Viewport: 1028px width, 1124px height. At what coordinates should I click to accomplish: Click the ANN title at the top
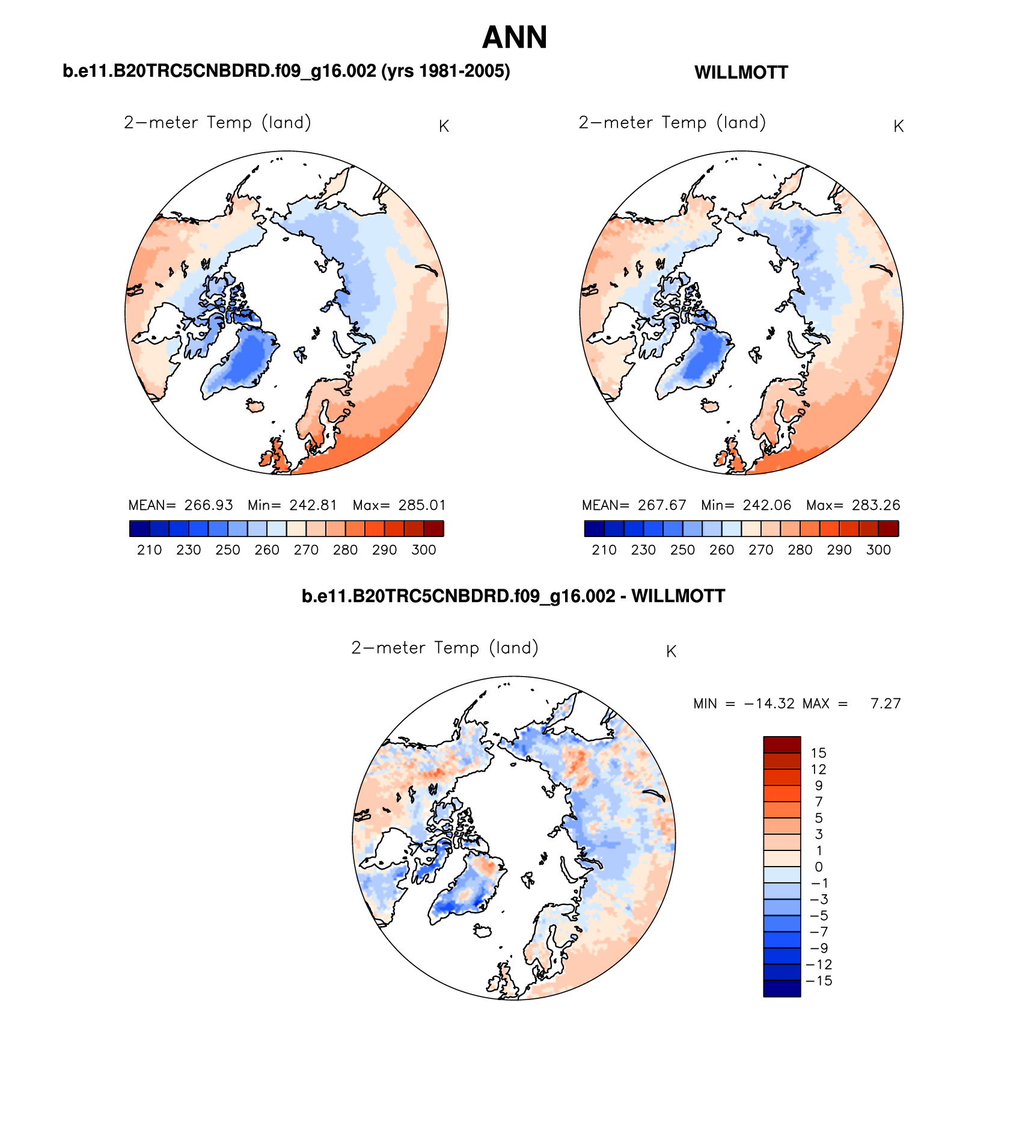[514, 37]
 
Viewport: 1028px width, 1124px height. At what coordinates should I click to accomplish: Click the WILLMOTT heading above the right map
[741, 73]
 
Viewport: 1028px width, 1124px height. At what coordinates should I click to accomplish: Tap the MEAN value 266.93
[208, 505]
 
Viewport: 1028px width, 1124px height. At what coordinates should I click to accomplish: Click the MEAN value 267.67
[661, 505]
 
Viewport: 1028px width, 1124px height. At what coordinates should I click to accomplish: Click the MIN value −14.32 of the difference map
[769, 704]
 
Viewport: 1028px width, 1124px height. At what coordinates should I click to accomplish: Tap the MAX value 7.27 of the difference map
[885, 704]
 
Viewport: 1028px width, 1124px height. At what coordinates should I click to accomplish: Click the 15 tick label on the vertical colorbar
[818, 753]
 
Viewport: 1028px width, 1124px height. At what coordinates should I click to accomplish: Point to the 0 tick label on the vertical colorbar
[818, 867]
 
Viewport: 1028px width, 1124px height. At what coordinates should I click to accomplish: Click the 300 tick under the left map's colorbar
[423, 550]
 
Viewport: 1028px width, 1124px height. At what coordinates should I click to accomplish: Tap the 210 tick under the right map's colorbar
[604, 550]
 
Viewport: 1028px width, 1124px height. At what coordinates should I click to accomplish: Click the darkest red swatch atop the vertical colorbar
[782, 745]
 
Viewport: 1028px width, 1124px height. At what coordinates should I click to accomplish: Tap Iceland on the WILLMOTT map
[711, 406]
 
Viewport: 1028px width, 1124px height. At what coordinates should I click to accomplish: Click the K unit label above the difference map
[671, 652]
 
